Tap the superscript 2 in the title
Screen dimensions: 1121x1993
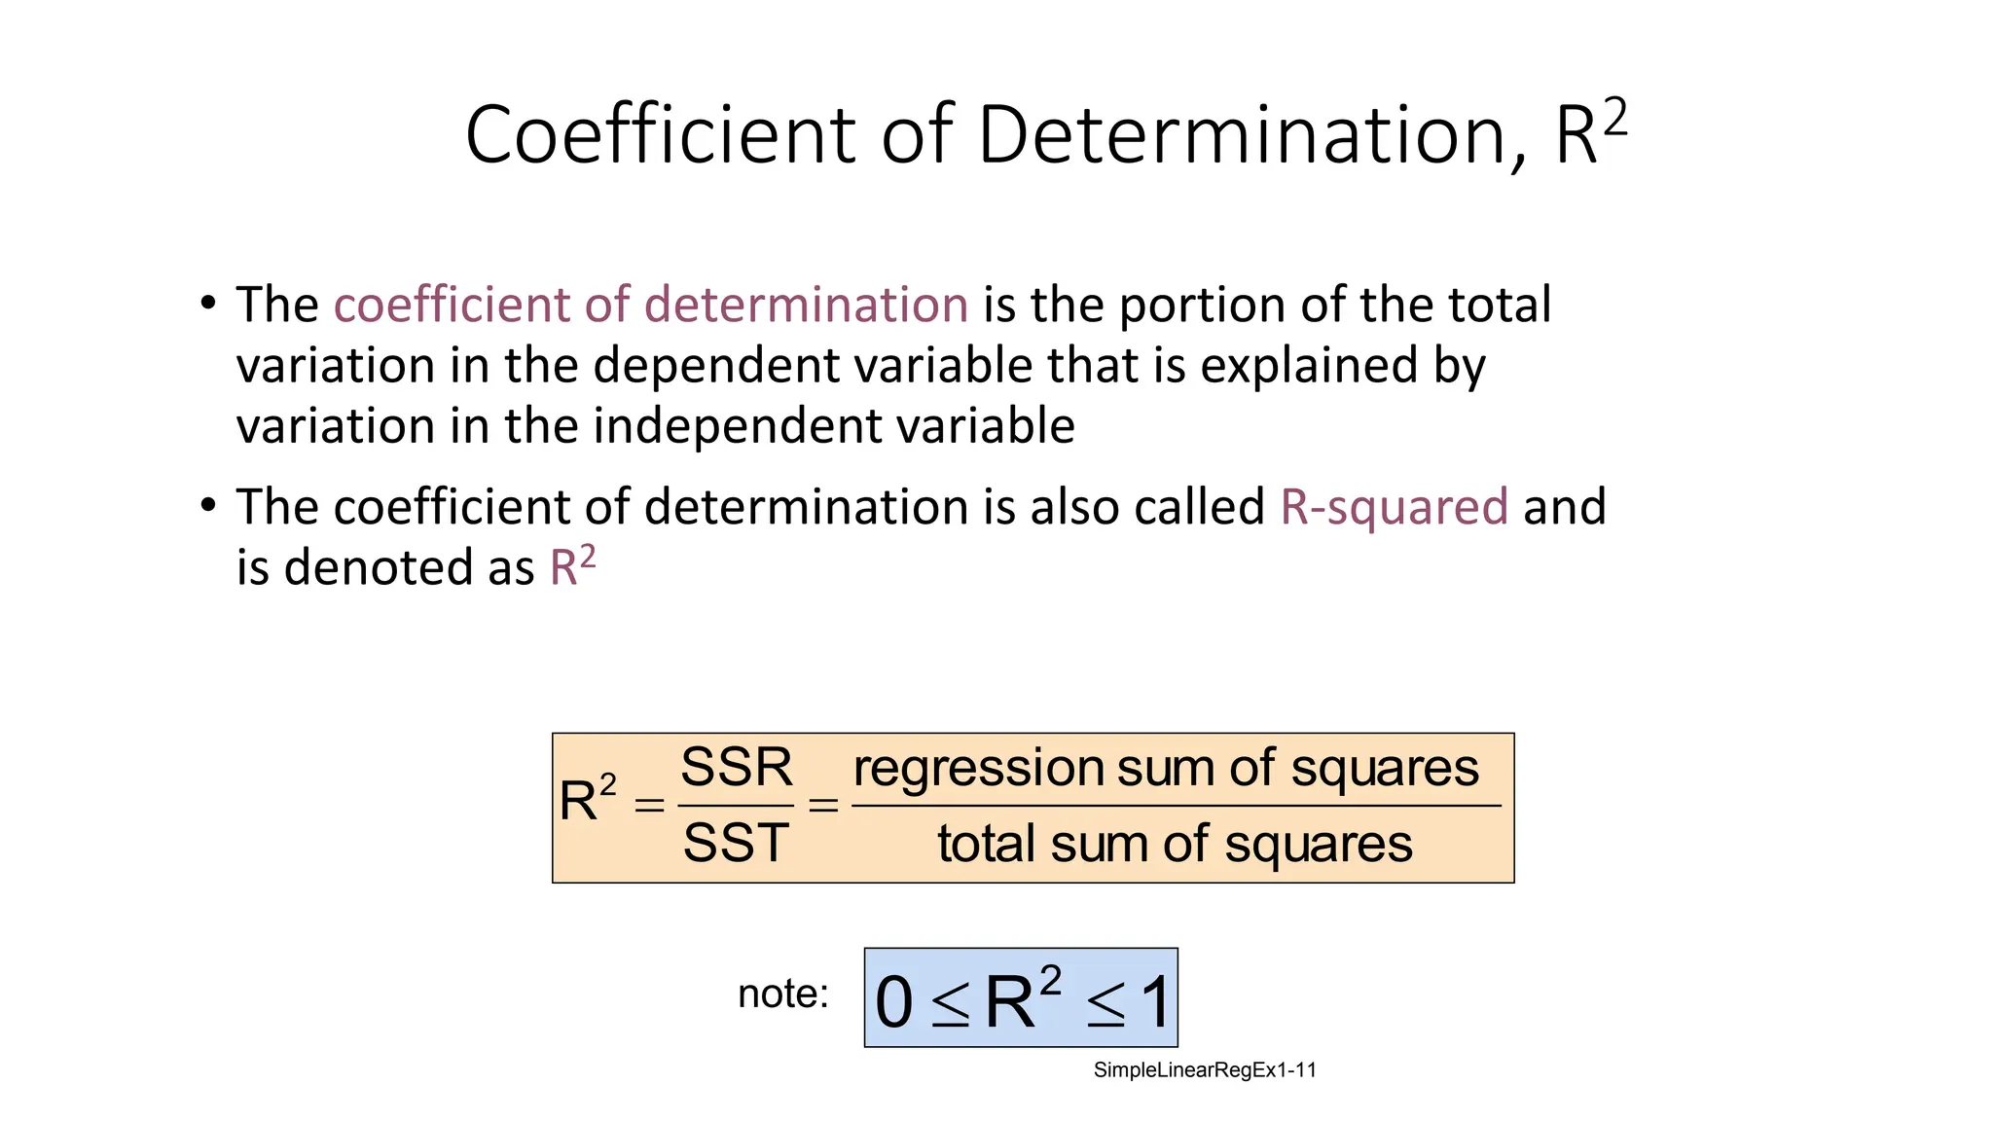click(1614, 120)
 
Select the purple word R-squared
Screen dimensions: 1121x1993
click(1394, 507)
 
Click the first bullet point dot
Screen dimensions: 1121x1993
click(208, 304)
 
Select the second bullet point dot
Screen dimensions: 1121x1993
click(208, 506)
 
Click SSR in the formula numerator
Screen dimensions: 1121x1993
click(737, 768)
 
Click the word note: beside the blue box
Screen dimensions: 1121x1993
click(782, 994)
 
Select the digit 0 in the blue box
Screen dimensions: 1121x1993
click(893, 1002)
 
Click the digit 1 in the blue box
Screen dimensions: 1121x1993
click(1156, 1002)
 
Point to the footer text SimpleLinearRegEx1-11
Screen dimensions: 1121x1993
click(1205, 1070)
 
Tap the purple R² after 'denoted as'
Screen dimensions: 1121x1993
click(572, 566)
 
